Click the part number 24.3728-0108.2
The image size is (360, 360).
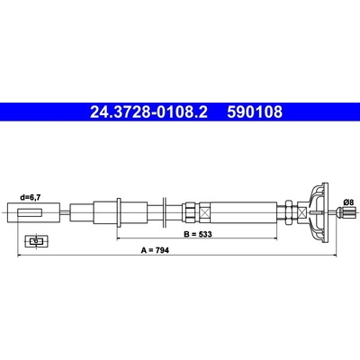tap(148, 112)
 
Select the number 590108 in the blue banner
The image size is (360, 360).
tap(255, 112)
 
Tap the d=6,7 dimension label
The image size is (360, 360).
tap(30, 197)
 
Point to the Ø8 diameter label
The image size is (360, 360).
tap(348, 202)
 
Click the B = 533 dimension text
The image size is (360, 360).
tap(198, 234)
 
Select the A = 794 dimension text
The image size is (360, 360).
tap(155, 250)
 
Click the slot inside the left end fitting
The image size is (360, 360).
tap(30, 212)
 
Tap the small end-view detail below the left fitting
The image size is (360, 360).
tap(36, 241)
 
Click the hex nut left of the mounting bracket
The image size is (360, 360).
tap(289, 212)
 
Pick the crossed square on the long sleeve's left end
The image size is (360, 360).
tap(206, 212)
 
